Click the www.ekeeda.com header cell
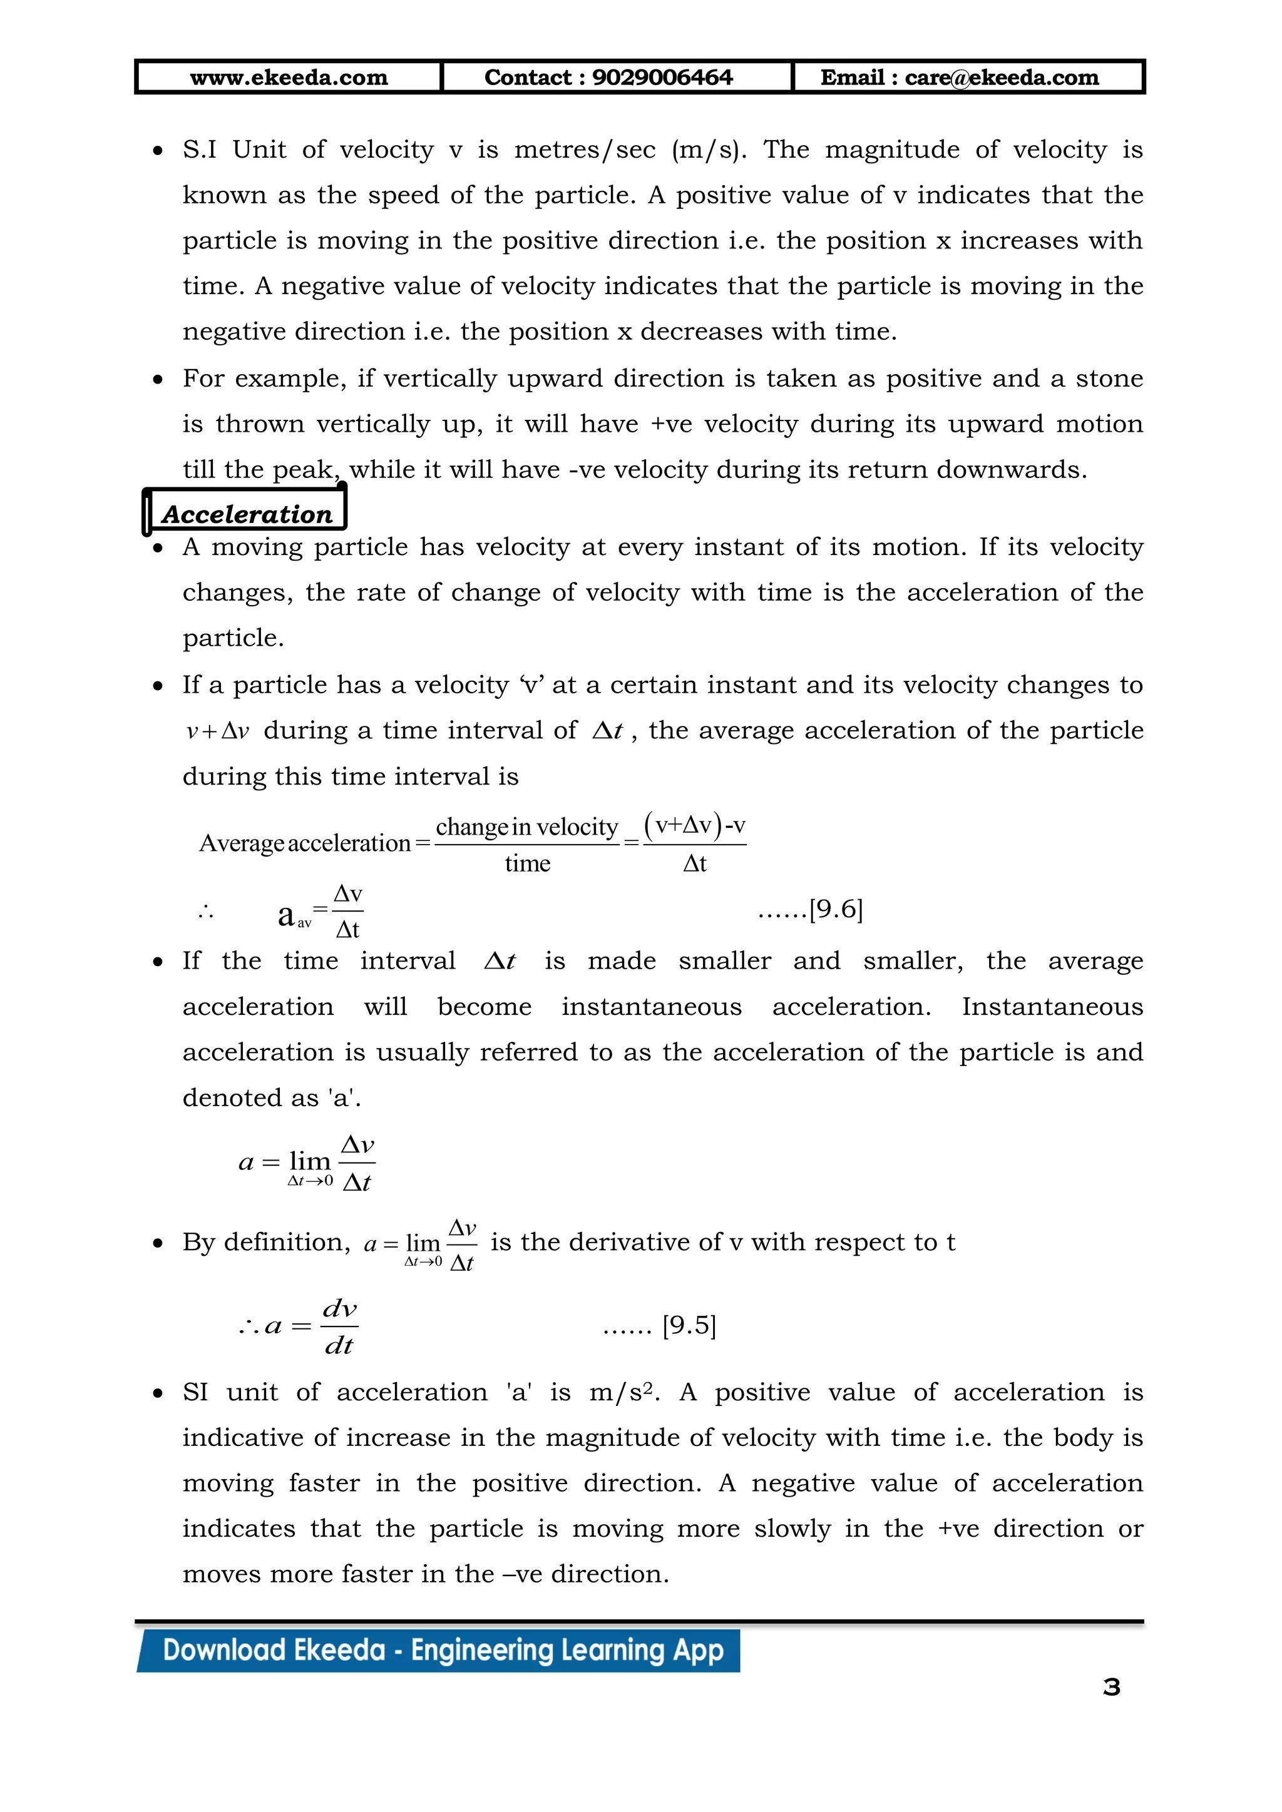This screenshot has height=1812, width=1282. (289, 78)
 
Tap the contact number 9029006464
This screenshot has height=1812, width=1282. (662, 78)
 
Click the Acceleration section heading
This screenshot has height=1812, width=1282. (247, 514)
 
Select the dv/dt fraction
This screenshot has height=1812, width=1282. (339, 1326)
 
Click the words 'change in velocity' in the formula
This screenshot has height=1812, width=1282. (526, 827)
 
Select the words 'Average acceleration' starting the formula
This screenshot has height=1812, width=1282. (305, 843)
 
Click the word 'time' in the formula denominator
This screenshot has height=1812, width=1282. (527, 863)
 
